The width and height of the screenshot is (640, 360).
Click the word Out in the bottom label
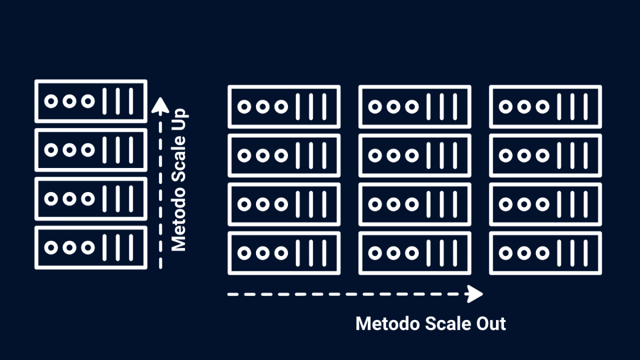[491, 324]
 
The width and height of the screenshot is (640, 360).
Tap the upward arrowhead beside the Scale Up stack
[161, 106]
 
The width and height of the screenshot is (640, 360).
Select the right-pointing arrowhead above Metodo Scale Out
[475, 294]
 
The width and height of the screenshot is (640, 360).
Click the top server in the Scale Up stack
[91, 101]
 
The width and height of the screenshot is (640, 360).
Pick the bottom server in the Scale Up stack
[91, 247]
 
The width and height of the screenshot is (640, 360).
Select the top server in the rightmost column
[546, 107]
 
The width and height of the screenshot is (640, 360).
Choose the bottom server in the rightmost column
[546, 253]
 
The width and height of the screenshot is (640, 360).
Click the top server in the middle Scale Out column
[415, 107]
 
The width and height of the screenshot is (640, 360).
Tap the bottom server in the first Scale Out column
[284, 253]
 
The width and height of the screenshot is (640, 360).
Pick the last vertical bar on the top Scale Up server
[131, 101]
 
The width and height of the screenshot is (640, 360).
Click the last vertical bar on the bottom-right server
[586, 253]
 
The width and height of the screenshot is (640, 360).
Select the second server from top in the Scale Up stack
[91, 150]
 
